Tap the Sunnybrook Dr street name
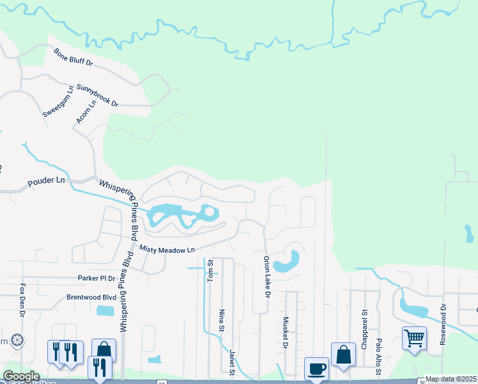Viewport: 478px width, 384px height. pos(97,95)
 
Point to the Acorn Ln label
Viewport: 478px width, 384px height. pos(86,110)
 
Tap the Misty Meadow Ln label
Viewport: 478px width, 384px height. pos(168,250)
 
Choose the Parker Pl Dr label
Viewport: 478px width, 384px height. pos(96,278)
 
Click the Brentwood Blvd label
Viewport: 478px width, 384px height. pos(91,298)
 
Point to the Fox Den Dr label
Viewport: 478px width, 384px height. pos(22,300)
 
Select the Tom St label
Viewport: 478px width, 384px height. pos(209,269)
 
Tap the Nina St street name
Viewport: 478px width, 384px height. pos(222,320)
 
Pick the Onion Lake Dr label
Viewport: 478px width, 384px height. pos(266,277)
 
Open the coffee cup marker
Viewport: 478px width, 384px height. pos(316,369)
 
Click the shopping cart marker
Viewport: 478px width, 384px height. pos(414,337)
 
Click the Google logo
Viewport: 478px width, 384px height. pos(21,376)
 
